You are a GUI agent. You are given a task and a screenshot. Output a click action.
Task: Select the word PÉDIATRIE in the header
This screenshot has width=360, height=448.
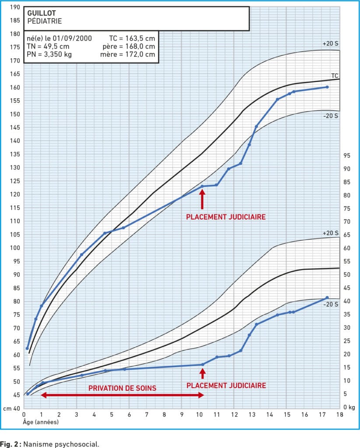(x=44, y=21)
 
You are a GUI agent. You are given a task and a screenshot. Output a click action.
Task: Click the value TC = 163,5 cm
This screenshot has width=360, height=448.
(x=132, y=38)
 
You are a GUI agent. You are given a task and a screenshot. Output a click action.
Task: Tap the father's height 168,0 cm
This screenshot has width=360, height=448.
(x=140, y=46)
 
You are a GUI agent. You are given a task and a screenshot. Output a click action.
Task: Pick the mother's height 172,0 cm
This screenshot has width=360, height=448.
(x=140, y=55)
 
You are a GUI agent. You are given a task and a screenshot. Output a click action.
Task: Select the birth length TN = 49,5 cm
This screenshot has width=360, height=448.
(x=48, y=46)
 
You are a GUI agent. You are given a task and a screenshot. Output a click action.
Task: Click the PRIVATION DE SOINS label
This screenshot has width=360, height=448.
(x=122, y=388)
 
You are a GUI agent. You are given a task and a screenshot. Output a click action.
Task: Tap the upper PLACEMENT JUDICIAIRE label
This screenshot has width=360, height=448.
(x=226, y=217)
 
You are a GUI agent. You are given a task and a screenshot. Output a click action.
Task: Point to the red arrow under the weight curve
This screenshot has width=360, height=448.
(x=202, y=373)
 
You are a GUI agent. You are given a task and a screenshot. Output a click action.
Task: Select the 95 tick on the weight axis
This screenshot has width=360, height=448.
(x=346, y=155)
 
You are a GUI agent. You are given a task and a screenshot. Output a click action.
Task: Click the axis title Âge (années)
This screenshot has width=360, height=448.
(x=41, y=423)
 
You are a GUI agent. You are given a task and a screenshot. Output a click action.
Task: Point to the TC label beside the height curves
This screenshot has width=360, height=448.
(x=335, y=75)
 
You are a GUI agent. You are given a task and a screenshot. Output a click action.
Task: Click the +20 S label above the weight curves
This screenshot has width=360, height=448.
(x=331, y=233)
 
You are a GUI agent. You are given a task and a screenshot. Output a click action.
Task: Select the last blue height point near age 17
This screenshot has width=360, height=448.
(x=327, y=87)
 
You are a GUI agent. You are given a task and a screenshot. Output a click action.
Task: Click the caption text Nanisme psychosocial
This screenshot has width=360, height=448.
(x=62, y=444)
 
